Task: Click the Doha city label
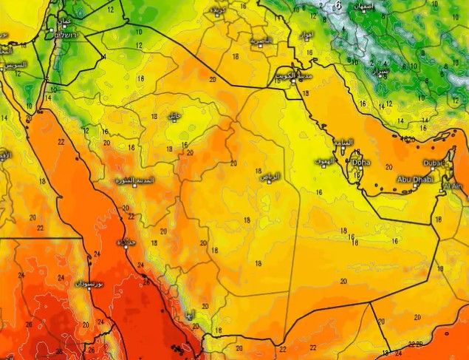click(x=361, y=162)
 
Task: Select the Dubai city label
click(x=433, y=162)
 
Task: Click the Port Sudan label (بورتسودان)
click(x=89, y=284)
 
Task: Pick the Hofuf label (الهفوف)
click(x=324, y=160)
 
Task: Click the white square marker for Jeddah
click(x=118, y=244)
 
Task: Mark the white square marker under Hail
click(x=175, y=121)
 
